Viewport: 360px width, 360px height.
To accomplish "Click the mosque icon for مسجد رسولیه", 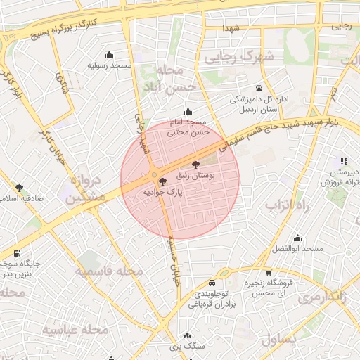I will pyautogui.click(x=109, y=55).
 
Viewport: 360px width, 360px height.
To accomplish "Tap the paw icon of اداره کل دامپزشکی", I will pyautogui.click(x=259, y=89).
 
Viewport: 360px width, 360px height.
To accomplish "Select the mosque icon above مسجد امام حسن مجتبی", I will pyautogui.click(x=188, y=112).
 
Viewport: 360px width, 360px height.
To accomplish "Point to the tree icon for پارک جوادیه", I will pyautogui.click(x=164, y=181).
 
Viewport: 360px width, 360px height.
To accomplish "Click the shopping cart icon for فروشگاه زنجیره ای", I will pyautogui.click(x=268, y=273).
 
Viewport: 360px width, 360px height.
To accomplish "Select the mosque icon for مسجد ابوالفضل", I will pyautogui.click(x=297, y=238).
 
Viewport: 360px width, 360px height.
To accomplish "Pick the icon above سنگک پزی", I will pyautogui.click(x=186, y=336).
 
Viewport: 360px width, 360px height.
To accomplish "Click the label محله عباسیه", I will pyautogui.click(x=74, y=329).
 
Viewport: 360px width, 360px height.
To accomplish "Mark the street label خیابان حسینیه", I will pyautogui.click(x=173, y=261).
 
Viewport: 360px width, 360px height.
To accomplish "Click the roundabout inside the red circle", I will pyautogui.click(x=154, y=175).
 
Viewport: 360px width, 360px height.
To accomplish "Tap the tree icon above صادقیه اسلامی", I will pyautogui.click(x=19, y=188).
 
